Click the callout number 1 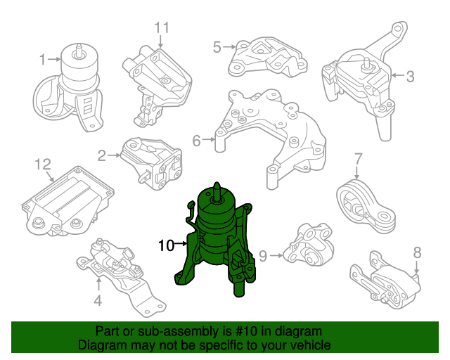pos(42,60)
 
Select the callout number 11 pos(162,28)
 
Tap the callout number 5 pos(217,47)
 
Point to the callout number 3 pos(411,76)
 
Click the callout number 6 pos(197,141)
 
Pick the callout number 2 pos(102,155)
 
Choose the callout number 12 pos(43,165)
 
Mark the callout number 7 pos(359,159)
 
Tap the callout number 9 pos(263,256)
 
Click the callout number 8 pos(417,252)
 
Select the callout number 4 pos(98,300)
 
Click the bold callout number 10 pos(167,245)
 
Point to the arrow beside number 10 pos(181,244)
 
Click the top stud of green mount pos(217,191)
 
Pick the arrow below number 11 pos(161,41)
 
